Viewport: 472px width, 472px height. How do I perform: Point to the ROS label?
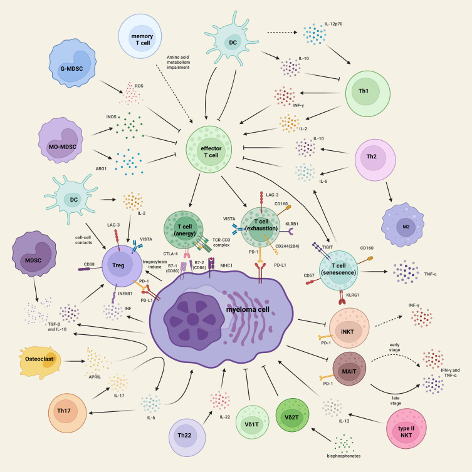click(130, 85)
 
